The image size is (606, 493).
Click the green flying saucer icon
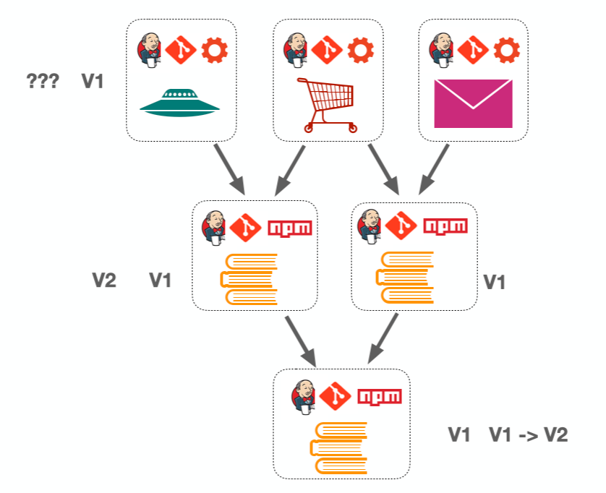[x=179, y=103]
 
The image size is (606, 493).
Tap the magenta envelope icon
[x=473, y=104]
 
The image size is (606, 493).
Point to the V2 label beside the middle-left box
[x=104, y=280]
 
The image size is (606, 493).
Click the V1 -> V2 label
[x=528, y=434]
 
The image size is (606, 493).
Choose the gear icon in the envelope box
[x=506, y=51]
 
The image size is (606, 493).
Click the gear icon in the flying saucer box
[x=214, y=51]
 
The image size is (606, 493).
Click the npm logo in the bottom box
[x=380, y=396]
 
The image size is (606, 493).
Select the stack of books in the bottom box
[x=341, y=448]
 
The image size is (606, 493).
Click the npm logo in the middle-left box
[x=290, y=228]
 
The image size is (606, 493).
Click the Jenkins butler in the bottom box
[x=304, y=396]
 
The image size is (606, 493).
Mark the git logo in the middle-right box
[x=400, y=227]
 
